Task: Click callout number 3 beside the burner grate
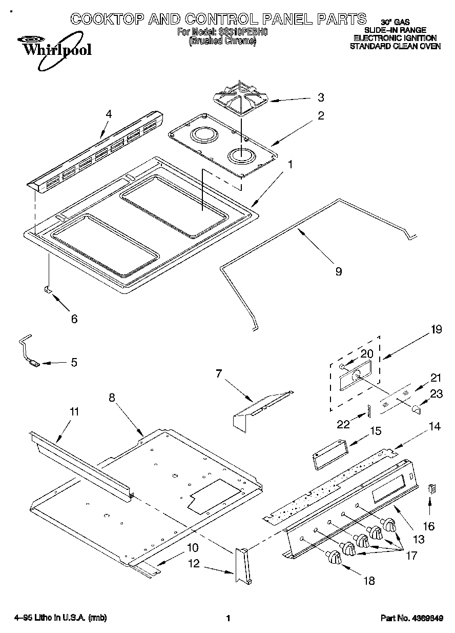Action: tap(320, 97)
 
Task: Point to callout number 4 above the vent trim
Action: tap(108, 114)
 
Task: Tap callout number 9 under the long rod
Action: tap(338, 271)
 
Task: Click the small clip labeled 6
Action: tap(47, 290)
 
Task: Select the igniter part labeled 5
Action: tap(34, 363)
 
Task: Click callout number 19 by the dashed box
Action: tap(436, 330)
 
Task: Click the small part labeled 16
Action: tap(431, 489)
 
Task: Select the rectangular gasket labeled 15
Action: tap(329, 454)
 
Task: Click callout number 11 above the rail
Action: tap(75, 411)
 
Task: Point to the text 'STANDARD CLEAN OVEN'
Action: tap(395, 46)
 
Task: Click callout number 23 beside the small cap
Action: tap(436, 394)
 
